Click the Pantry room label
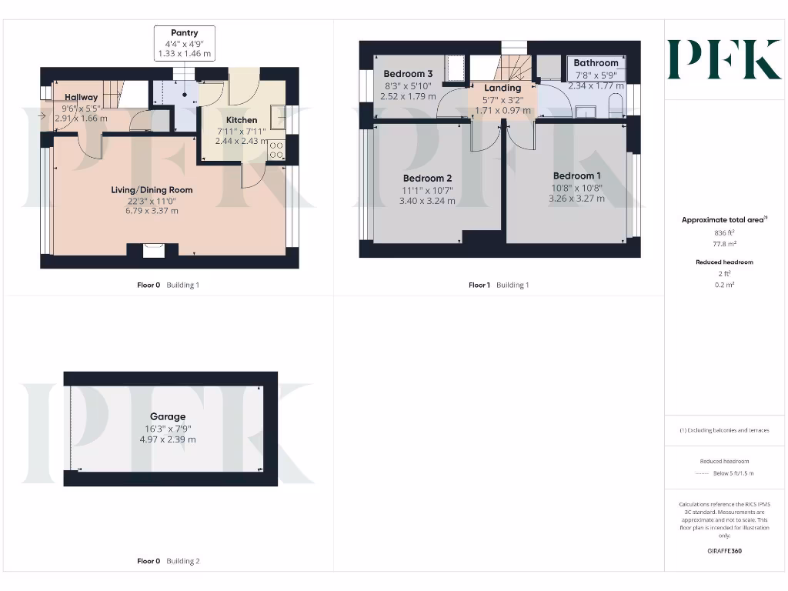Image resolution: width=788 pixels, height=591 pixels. click(x=184, y=33)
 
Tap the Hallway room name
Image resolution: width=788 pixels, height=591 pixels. click(x=81, y=97)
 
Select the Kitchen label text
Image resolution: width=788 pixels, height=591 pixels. click(x=242, y=120)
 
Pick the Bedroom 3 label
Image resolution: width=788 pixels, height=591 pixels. click(x=408, y=74)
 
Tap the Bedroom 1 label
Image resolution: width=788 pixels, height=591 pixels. click(x=576, y=175)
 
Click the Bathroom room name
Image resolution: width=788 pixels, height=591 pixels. click(x=596, y=63)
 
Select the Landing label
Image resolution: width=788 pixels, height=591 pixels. click(x=503, y=88)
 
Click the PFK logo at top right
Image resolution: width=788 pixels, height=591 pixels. click(x=723, y=60)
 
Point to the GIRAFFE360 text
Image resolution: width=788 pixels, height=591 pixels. click(x=723, y=551)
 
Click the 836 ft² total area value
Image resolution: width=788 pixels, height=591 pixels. click(x=723, y=232)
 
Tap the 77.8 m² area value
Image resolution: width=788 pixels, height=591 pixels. click(x=723, y=243)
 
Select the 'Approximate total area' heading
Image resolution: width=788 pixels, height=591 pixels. click(x=722, y=220)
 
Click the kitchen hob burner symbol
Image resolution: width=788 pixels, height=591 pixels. click(x=276, y=150)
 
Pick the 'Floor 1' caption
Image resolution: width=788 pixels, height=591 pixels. click(x=479, y=285)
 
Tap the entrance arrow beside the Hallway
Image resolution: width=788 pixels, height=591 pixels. click(x=41, y=115)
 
